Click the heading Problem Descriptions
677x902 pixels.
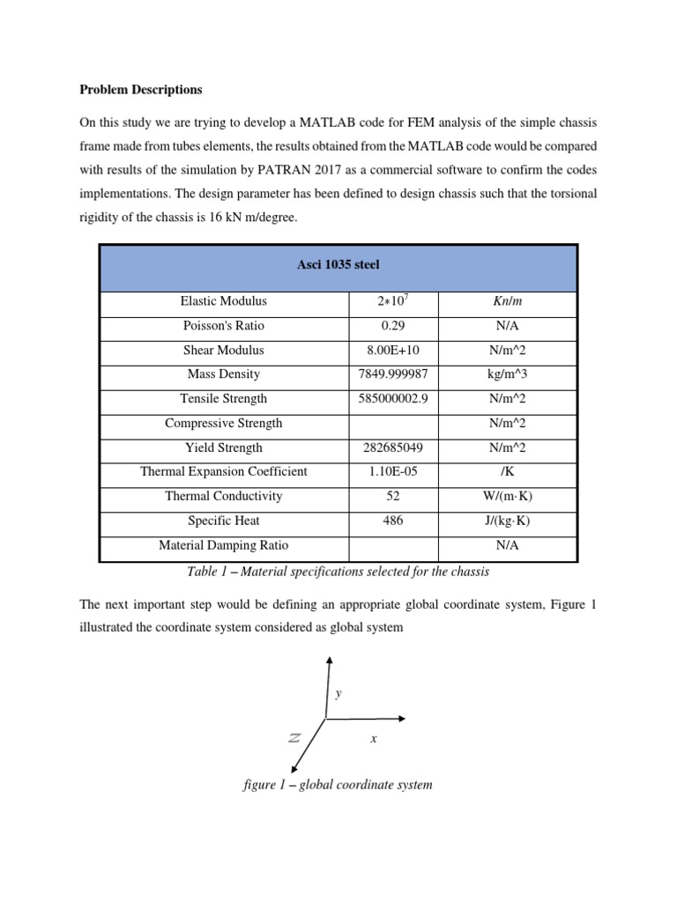[140, 90]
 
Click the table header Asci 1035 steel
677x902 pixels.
[338, 264]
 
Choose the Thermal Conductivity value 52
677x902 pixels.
[393, 496]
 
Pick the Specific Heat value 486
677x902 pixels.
[393, 521]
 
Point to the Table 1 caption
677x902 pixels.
[338, 572]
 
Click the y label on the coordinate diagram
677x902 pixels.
[338, 694]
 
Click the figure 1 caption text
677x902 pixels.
[338, 784]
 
